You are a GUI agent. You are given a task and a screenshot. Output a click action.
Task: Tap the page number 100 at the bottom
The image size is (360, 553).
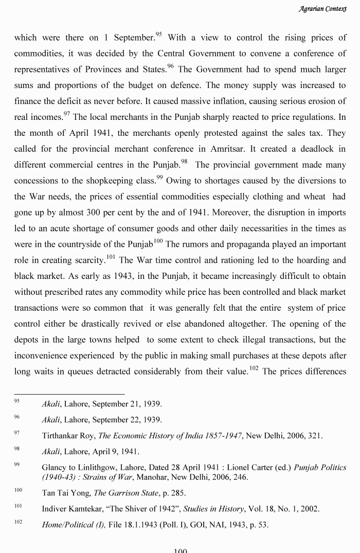click(x=180, y=550)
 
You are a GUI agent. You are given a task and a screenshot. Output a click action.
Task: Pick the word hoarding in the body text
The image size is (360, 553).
click(x=301, y=260)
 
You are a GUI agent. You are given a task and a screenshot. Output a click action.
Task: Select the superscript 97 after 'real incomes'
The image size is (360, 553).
click(x=66, y=114)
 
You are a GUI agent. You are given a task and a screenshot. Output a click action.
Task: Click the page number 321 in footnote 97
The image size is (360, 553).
click(x=314, y=436)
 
